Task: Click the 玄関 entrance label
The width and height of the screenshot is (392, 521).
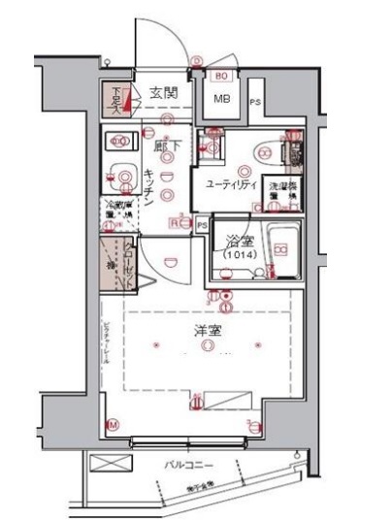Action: (164, 94)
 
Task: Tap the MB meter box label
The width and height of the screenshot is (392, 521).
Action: (220, 98)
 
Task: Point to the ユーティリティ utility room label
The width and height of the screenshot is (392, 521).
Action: (230, 183)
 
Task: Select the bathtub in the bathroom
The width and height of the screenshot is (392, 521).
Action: (280, 250)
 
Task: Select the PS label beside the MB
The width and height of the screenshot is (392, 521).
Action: (255, 102)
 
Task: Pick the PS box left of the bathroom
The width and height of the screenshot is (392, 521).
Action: (202, 226)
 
